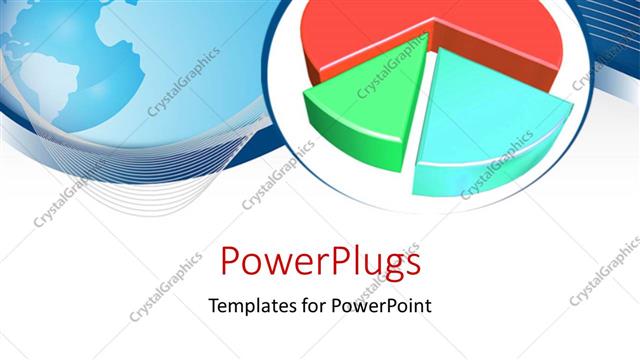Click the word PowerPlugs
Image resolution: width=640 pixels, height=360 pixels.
(x=319, y=262)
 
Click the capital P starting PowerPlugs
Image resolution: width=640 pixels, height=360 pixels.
(x=231, y=262)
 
